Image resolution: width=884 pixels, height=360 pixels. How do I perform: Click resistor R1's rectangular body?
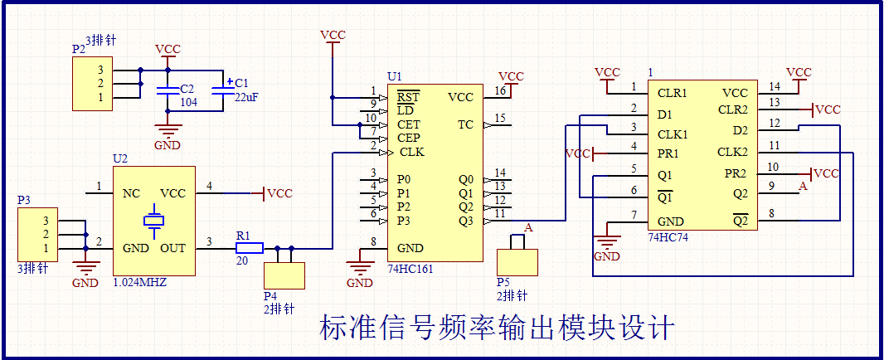(250, 247)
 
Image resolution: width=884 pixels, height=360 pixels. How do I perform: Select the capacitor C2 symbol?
(168, 90)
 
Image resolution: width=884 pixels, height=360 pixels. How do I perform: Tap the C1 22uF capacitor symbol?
(222, 90)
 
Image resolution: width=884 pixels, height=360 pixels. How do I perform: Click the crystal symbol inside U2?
(153, 221)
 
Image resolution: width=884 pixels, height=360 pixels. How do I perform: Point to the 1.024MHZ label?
(140, 283)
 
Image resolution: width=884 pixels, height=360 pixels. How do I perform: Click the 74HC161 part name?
(410, 269)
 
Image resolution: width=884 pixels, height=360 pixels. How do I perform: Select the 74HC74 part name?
(668, 237)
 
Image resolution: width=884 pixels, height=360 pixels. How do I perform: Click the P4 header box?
(284, 275)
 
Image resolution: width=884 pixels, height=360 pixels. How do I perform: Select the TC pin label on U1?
(466, 124)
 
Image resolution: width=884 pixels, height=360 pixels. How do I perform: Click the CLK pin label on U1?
(411, 153)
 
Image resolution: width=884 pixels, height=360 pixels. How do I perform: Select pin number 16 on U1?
(500, 90)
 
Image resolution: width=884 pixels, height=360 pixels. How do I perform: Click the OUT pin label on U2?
(172, 248)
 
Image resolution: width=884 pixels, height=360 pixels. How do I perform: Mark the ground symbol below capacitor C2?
(168, 131)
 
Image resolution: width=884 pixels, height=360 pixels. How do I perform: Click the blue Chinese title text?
(497, 327)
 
